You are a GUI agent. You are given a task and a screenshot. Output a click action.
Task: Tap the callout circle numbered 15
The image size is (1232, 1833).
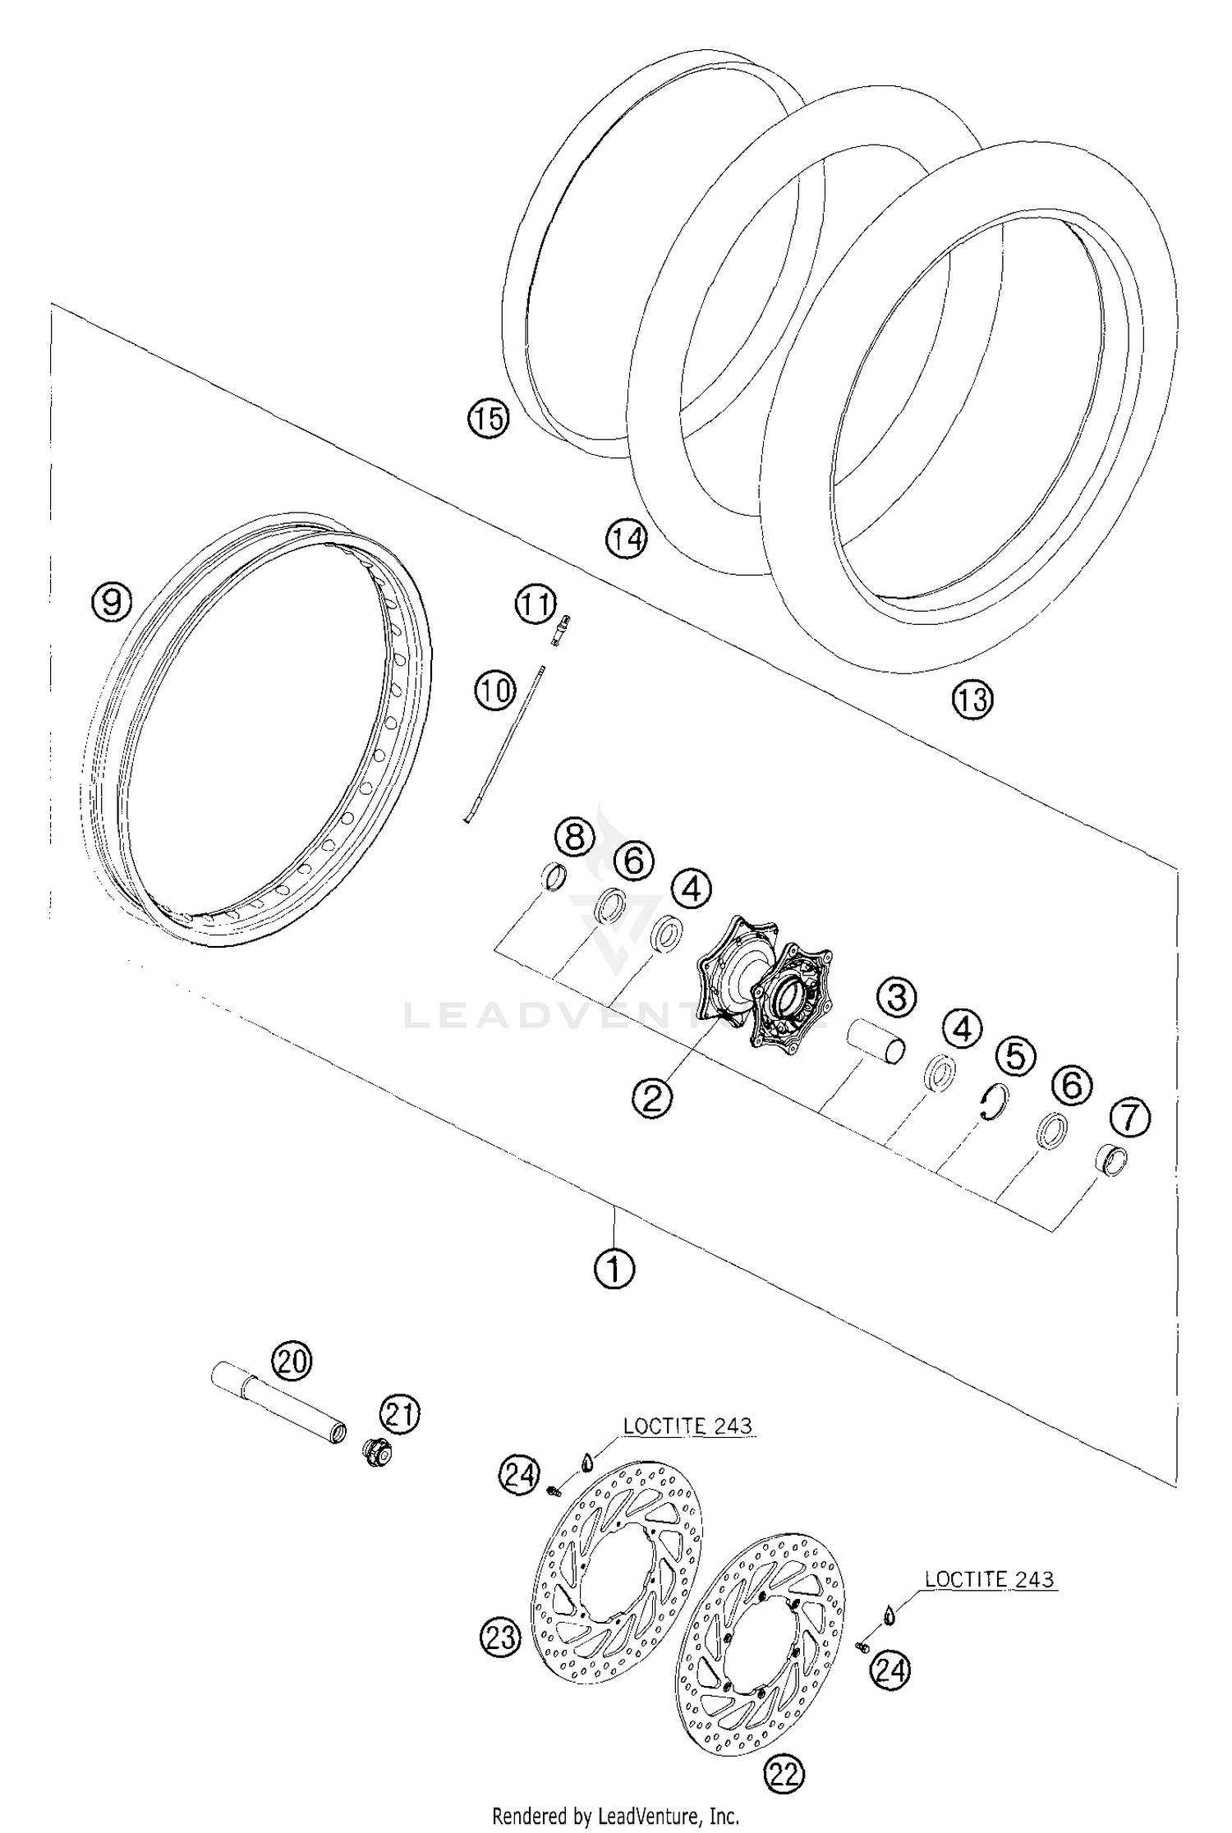click(488, 419)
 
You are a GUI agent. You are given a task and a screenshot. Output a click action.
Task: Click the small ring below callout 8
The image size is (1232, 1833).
click(556, 878)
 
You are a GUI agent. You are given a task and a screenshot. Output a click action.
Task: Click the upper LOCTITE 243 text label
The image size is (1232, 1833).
click(687, 1426)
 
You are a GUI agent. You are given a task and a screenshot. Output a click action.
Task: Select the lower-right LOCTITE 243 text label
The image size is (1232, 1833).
click(988, 1579)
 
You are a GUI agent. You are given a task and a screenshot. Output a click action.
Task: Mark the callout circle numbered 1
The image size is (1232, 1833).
click(614, 1270)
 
